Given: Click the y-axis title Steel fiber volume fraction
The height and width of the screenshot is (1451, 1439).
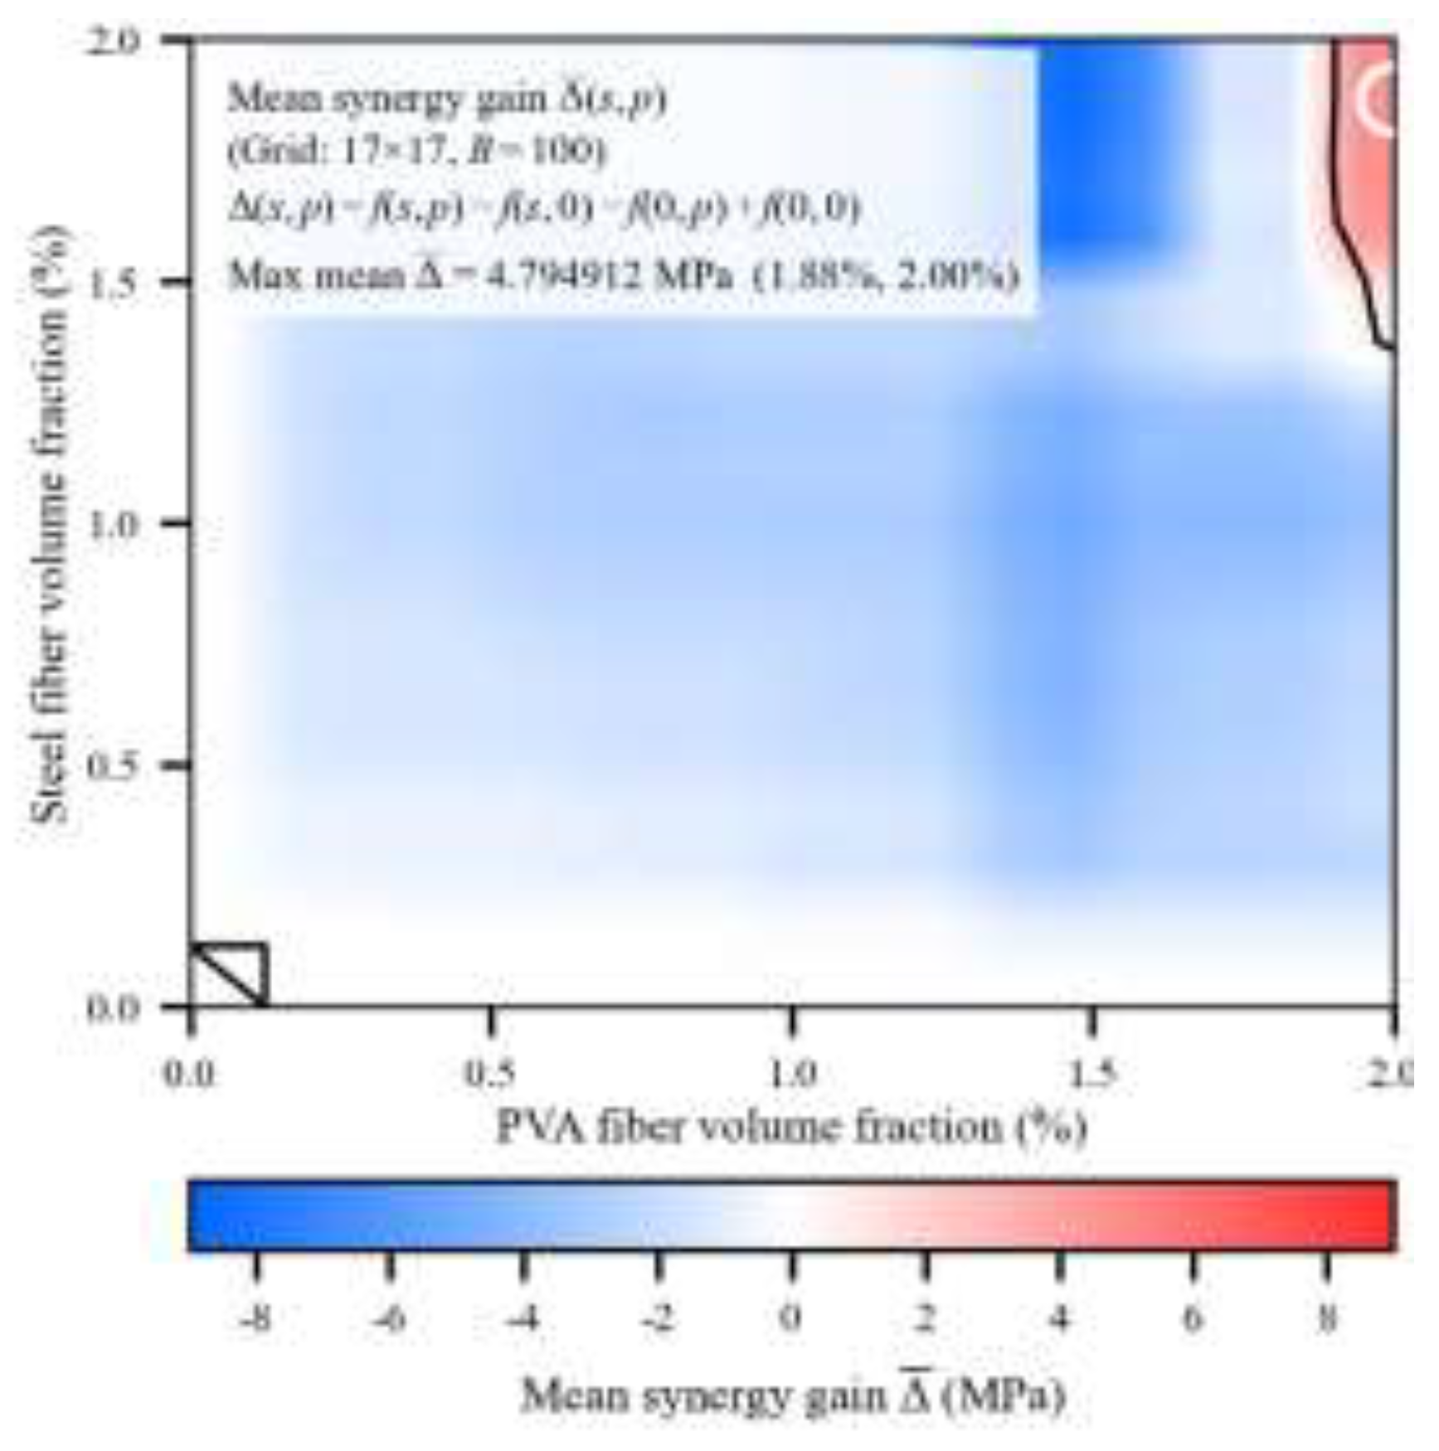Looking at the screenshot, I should tap(50, 524).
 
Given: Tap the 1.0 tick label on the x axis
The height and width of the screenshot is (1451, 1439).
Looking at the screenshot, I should tap(791, 1074).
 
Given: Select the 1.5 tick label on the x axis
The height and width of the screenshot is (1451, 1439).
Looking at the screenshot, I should tap(1092, 1074).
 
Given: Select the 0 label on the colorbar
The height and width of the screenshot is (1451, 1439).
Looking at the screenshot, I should tap(792, 1317).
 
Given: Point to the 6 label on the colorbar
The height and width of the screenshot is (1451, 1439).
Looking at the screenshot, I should tap(1193, 1317).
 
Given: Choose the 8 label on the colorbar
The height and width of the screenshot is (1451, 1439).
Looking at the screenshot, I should tap(1327, 1317).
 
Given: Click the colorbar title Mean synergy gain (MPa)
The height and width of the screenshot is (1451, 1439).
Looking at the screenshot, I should tap(792, 1396).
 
